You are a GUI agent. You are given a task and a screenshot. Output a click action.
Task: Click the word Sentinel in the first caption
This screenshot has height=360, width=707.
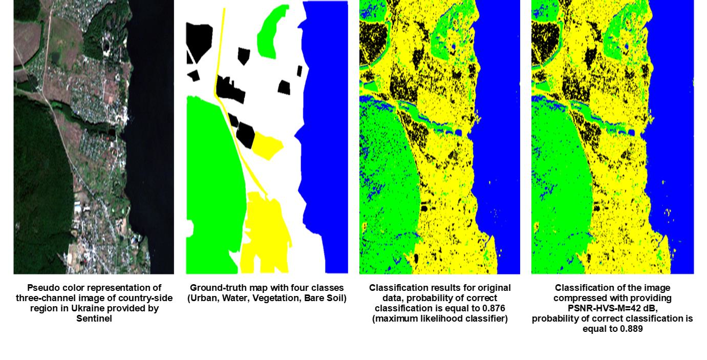94,319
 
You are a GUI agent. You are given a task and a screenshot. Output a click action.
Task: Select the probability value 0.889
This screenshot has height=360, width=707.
631,329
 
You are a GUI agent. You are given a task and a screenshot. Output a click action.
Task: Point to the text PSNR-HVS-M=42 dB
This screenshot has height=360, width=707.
612,308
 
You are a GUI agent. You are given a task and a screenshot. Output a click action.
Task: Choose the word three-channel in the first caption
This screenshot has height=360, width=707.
42,298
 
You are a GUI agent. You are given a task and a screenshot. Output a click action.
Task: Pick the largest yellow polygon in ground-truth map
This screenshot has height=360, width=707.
266,230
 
